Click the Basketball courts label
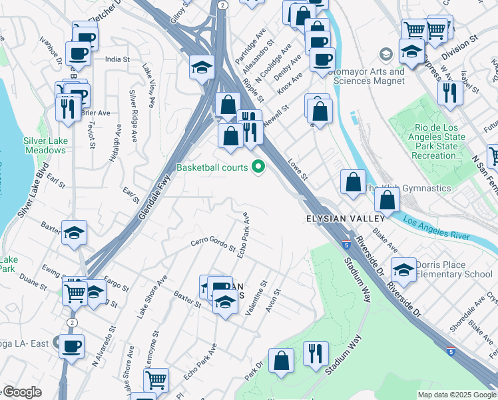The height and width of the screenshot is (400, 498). [212, 167]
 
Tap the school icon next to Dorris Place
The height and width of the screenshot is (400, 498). [403, 269]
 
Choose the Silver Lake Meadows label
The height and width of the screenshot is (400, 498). [45, 145]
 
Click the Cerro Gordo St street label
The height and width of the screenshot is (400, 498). [213, 245]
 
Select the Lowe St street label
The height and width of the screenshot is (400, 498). [298, 169]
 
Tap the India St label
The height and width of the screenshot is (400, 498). [117, 59]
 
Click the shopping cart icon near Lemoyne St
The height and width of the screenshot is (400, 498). [155, 380]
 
